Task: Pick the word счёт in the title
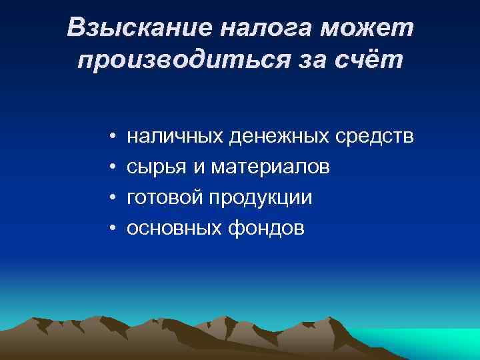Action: [x=369, y=61]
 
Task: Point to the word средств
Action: [x=375, y=137]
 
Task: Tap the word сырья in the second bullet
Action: [x=157, y=167]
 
